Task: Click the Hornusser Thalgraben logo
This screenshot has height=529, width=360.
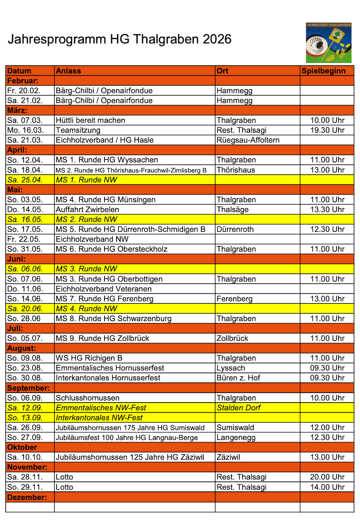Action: tap(329, 43)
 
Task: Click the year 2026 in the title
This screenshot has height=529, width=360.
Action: tap(214, 39)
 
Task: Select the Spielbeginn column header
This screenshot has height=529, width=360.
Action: tap(324, 71)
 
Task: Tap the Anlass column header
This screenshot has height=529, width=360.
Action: tap(69, 71)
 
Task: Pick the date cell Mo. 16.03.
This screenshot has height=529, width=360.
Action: tap(25, 130)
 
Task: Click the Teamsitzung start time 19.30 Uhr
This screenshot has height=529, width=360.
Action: tap(327, 130)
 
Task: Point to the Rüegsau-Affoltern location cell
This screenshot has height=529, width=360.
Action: tap(248, 140)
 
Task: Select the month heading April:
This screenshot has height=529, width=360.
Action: tap(17, 150)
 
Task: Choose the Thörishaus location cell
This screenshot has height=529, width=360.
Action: tap(236, 170)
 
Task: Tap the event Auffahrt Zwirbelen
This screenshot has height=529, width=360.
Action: tap(87, 210)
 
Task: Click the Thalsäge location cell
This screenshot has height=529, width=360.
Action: tap(233, 210)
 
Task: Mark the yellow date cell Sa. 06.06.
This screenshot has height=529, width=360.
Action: tap(25, 269)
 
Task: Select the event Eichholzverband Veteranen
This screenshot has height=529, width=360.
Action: tap(104, 289)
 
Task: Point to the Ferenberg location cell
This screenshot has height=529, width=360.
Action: tap(234, 299)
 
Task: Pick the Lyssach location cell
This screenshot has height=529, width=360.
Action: tap(231, 368)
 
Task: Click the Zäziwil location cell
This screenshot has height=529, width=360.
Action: tap(229, 457)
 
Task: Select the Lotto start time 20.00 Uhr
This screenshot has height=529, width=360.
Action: tap(327, 477)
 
